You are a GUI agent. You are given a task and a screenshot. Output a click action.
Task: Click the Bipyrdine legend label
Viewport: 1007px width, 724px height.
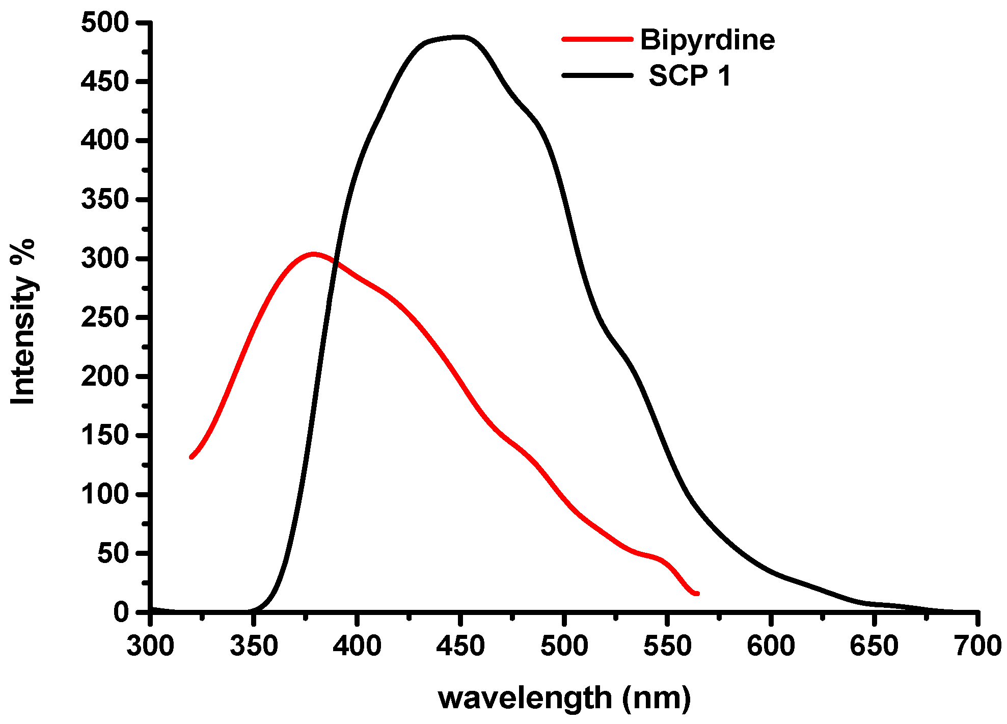(707, 40)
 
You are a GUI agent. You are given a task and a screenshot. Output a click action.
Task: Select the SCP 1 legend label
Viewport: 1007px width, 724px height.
(690, 76)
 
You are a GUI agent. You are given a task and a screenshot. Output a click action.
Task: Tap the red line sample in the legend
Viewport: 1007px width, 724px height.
(597, 39)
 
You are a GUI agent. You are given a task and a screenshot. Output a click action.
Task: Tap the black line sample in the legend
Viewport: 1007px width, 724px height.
(597, 75)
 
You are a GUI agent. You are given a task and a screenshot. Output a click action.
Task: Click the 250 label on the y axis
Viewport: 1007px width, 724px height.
(105, 317)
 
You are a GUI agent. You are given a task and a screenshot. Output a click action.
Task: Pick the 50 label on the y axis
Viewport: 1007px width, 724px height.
(113, 553)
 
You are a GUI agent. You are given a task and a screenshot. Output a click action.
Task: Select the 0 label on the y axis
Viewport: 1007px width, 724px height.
(121, 612)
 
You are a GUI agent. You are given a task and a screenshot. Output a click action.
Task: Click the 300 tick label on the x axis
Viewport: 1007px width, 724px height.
(150, 646)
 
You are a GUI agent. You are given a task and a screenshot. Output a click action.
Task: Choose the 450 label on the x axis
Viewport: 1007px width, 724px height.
(460, 646)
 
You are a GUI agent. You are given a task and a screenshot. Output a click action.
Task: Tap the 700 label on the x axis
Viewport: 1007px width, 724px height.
(977, 646)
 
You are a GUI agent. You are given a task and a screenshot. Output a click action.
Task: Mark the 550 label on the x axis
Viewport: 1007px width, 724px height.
(667, 646)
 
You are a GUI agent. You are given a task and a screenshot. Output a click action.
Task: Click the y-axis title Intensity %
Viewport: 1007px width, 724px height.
(23, 322)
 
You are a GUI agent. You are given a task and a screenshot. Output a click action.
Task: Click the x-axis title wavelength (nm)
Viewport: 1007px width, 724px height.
(564, 698)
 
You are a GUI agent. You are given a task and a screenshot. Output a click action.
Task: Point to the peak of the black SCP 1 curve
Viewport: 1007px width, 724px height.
(456, 37)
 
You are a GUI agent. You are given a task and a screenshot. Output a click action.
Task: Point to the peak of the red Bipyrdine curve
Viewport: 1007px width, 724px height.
(313, 253)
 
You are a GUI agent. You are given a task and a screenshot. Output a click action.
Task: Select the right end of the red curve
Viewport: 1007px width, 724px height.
(697, 594)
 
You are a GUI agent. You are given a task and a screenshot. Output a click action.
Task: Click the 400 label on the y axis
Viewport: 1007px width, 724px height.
(105, 141)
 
